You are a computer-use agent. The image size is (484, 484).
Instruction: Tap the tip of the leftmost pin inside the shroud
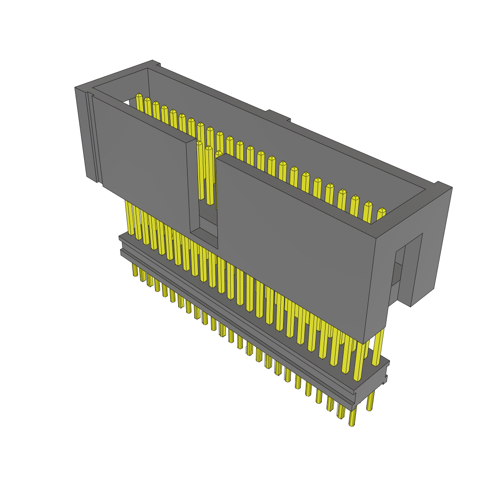coord(139,97)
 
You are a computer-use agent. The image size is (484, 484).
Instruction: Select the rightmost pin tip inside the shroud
coord(381,211)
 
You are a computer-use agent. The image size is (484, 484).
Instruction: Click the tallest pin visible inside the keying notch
coord(209,175)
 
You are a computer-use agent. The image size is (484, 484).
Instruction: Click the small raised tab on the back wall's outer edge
coord(278,115)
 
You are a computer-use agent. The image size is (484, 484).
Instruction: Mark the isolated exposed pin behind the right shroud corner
coord(378,347)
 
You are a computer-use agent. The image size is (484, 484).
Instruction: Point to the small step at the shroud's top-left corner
coord(158,65)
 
